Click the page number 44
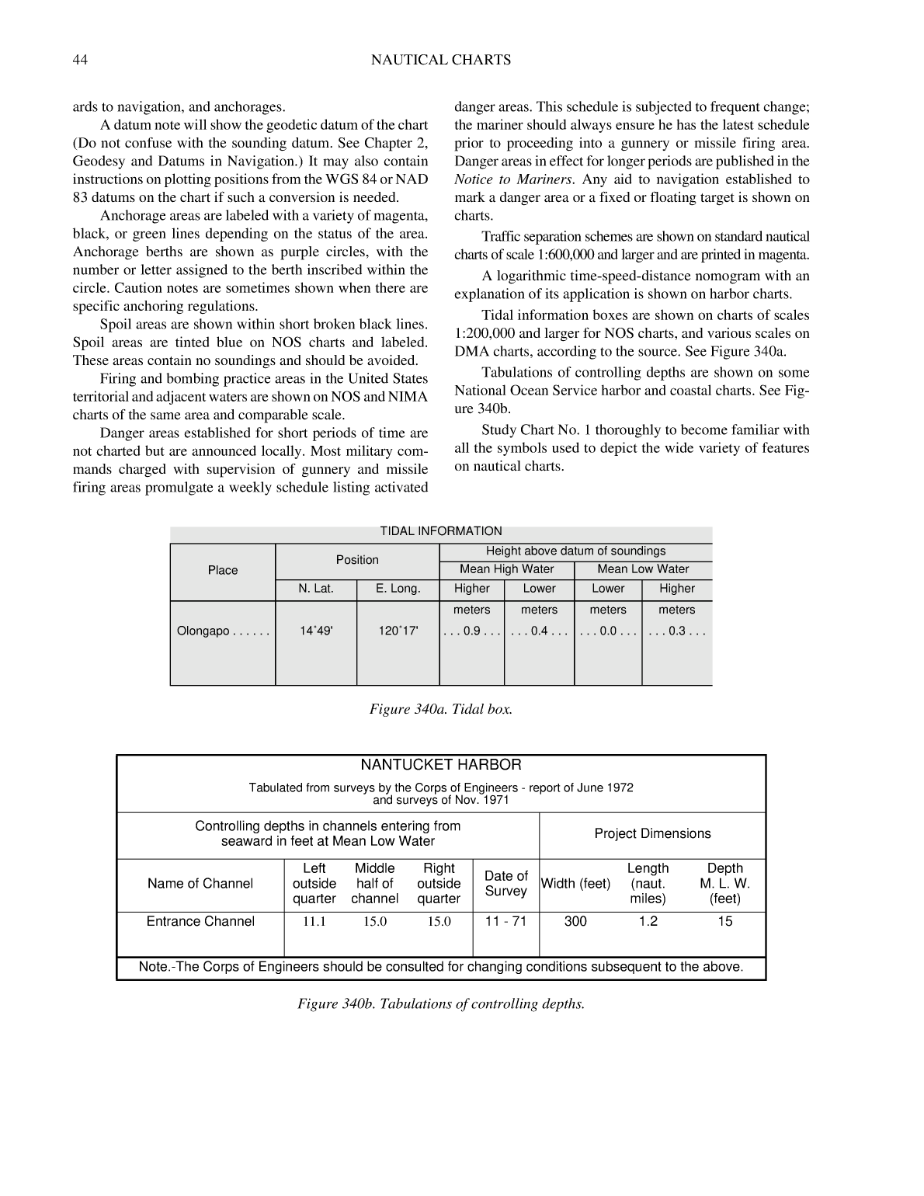[x=80, y=60]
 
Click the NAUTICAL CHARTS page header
[x=440, y=60]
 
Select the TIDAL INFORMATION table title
[x=440, y=531]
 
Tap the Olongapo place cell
[x=223, y=631]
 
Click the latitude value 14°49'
[x=316, y=631]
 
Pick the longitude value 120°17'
[x=398, y=631]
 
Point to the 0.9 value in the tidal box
[x=472, y=631]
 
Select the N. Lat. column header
[x=316, y=589]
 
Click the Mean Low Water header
[x=643, y=569]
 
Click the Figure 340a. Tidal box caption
[x=440, y=709]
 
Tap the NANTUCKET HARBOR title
[x=440, y=765]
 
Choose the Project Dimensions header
[x=652, y=833]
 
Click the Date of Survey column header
[x=505, y=884]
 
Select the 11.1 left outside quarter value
[x=314, y=922]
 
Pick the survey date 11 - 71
[x=505, y=921]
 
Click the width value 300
[x=575, y=921]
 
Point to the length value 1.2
[x=648, y=921]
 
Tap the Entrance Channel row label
[x=200, y=921]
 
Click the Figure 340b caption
[x=440, y=1003]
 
